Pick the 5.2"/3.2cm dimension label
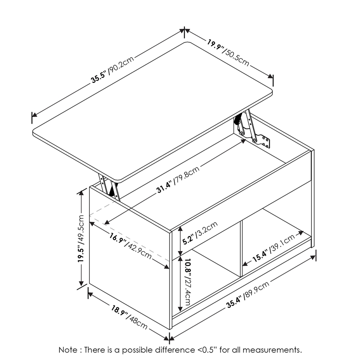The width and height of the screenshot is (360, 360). [x=199, y=234]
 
